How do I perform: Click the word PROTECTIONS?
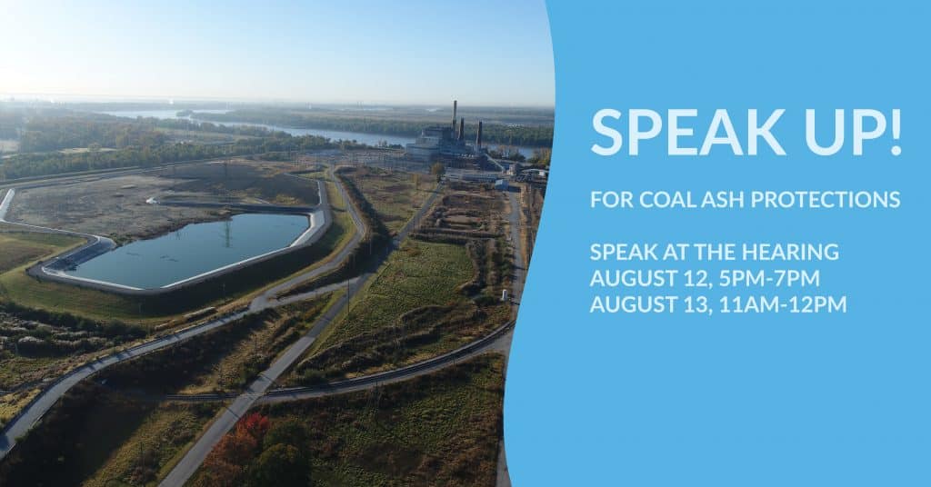coord(826,200)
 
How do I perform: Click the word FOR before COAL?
coord(612,200)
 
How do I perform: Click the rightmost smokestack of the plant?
coord(479,135)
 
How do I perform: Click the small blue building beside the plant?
coord(502,184)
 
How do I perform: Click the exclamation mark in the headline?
coord(896,133)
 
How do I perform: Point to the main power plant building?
coord(439,144)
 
